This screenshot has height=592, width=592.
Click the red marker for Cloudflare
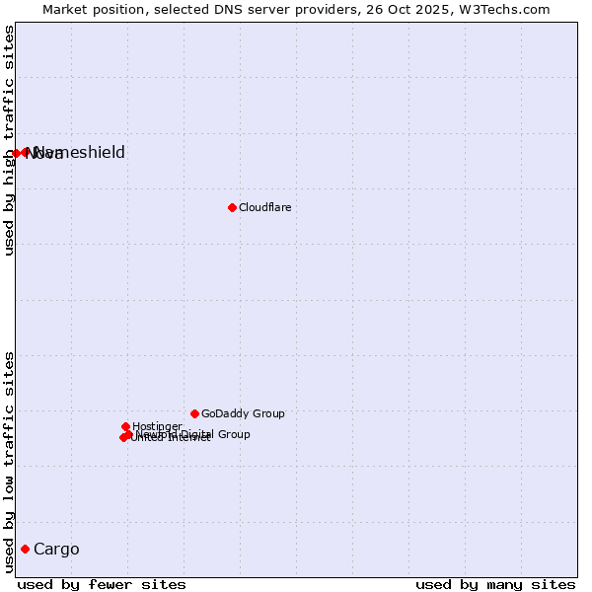[232, 207]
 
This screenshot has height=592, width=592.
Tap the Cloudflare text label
[265, 207]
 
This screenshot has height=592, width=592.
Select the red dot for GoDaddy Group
[194, 413]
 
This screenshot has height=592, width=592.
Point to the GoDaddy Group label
[243, 413]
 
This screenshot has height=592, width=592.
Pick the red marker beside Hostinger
[125, 426]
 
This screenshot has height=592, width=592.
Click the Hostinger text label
[158, 426]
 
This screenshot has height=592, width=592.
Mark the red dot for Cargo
[25, 549]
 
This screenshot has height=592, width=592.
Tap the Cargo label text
[56, 549]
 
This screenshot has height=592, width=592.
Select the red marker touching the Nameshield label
[26, 152]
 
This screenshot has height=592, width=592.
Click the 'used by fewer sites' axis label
[102, 584]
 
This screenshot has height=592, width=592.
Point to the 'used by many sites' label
[495, 584]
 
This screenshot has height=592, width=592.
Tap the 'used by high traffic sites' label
[10, 140]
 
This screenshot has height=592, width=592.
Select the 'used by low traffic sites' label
[10, 462]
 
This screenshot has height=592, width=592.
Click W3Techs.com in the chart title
[509, 9]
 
